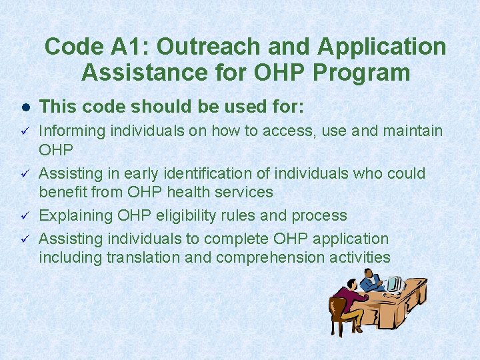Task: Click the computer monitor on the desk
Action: (x=394, y=284)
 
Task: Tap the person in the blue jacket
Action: (x=371, y=281)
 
